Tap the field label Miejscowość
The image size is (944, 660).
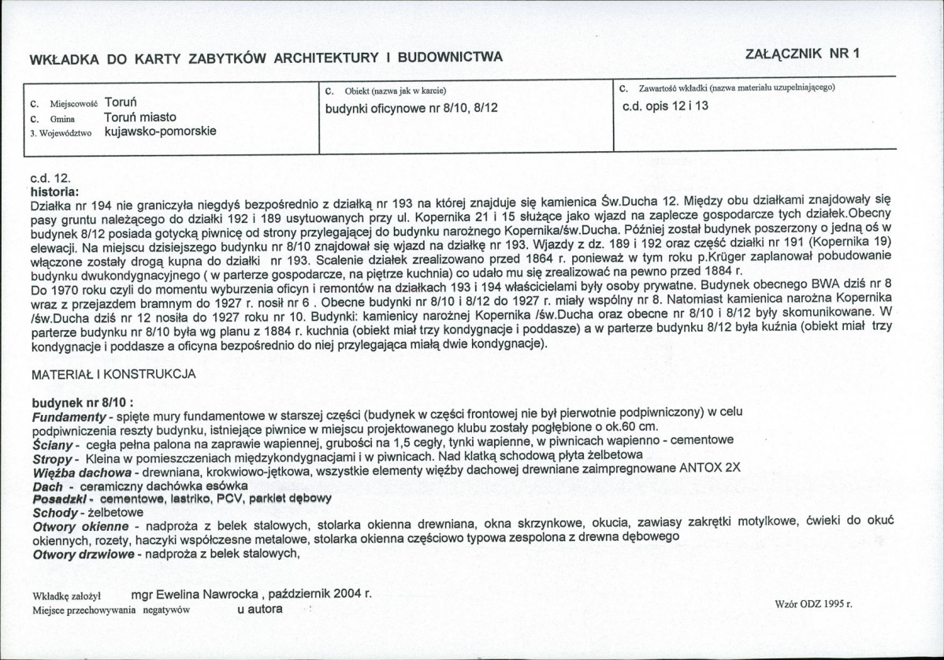[73, 104]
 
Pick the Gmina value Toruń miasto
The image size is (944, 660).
[139, 117]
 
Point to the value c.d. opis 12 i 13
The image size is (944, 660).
[665, 106]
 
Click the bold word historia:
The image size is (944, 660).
[54, 191]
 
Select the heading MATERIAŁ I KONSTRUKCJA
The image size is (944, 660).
[113, 375]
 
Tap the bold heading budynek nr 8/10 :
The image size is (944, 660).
[82, 402]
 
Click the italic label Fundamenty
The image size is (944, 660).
[69, 415]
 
